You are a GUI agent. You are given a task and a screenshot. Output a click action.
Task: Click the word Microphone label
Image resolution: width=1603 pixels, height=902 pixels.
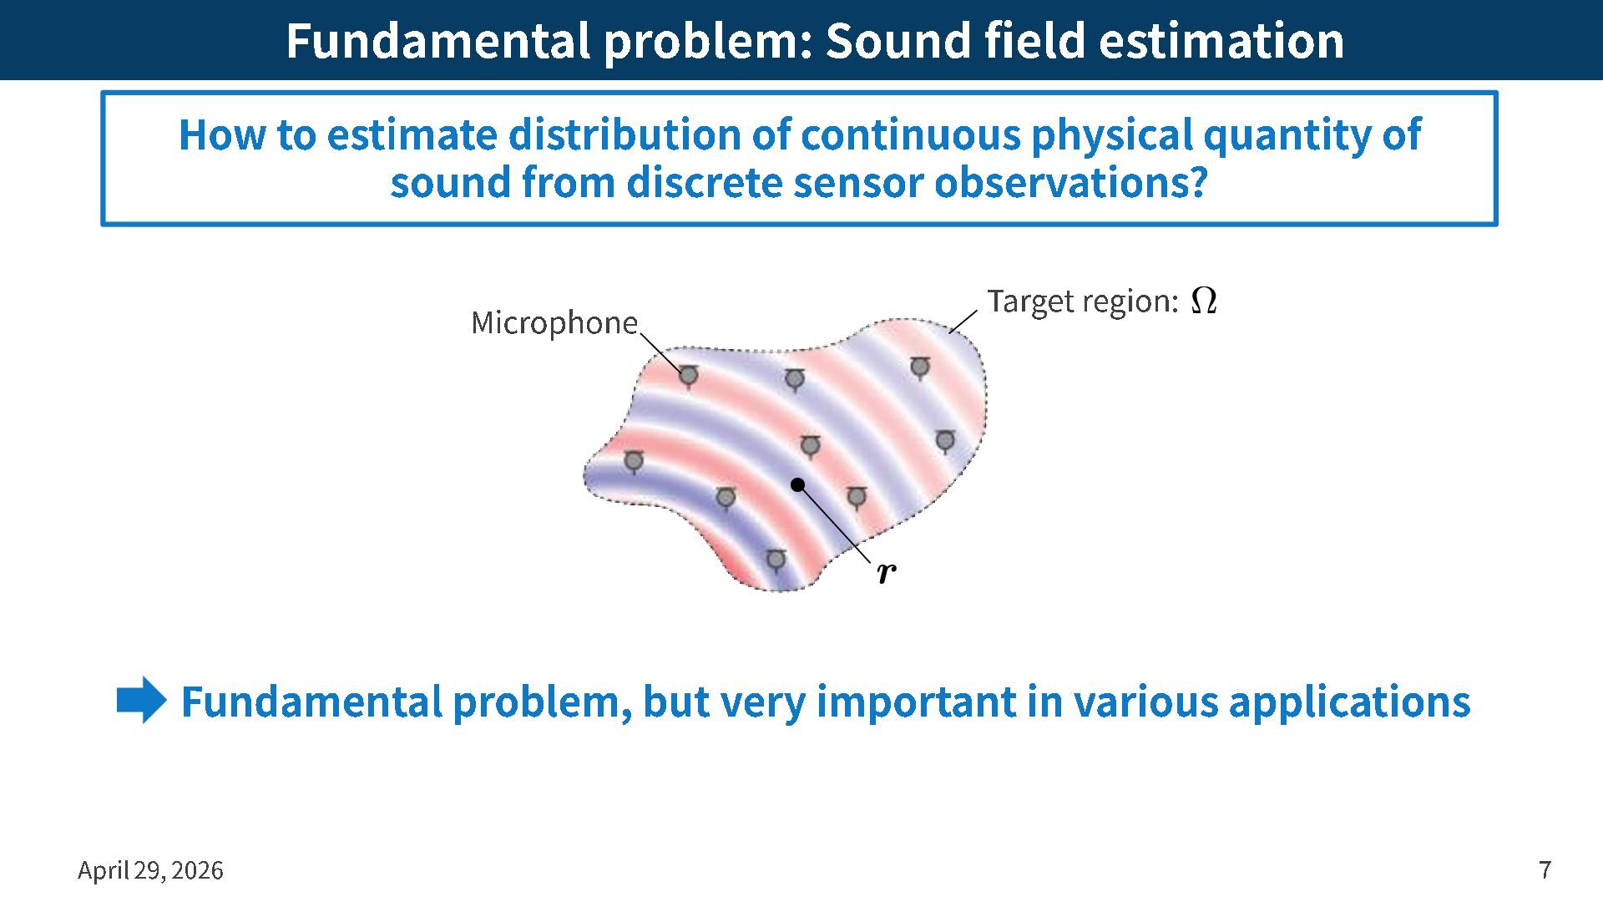(x=554, y=322)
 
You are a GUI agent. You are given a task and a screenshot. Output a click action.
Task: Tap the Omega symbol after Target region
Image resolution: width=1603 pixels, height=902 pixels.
(x=1203, y=300)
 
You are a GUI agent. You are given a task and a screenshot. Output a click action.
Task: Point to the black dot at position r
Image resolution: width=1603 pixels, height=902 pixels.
(x=797, y=484)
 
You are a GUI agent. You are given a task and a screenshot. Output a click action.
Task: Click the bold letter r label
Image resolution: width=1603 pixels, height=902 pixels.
(x=887, y=573)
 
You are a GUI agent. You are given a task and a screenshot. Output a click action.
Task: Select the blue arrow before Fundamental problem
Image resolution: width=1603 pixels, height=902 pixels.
(x=142, y=700)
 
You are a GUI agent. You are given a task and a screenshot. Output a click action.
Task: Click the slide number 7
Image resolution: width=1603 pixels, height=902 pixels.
(x=1545, y=869)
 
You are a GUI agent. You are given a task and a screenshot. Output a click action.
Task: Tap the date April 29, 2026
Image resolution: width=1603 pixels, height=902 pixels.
(x=150, y=870)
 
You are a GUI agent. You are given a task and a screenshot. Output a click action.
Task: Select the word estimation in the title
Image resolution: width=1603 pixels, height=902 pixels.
(x=1221, y=40)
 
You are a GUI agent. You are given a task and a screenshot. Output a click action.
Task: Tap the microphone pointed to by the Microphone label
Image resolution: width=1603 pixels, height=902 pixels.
(x=688, y=377)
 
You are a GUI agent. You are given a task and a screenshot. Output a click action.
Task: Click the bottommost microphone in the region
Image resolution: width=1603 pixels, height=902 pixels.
(x=776, y=560)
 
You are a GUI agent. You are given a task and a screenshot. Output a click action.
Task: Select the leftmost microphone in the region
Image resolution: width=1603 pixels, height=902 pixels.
(x=634, y=461)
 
